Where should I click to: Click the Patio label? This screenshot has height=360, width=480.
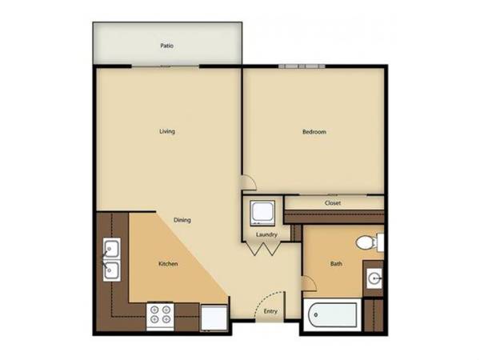click(167, 46)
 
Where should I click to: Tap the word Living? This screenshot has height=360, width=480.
click(167, 131)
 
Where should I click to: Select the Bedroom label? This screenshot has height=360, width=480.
click(314, 132)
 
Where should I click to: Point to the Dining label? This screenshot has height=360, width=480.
click(182, 220)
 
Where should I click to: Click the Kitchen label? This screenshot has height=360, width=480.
click(168, 264)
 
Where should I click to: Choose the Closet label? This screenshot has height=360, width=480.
click(333, 203)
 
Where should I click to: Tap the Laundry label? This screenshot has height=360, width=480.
click(266, 234)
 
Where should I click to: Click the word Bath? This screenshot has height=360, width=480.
click(336, 263)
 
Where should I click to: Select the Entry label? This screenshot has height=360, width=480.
click(270, 311)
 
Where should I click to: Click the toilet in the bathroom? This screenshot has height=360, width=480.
click(370, 242)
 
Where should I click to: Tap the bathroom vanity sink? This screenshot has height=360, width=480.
click(374, 278)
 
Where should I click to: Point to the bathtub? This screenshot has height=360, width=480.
click(332, 315)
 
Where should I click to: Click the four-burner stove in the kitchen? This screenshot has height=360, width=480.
click(160, 317)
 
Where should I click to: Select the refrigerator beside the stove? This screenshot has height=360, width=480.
click(214, 318)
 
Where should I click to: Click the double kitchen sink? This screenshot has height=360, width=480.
click(111, 259)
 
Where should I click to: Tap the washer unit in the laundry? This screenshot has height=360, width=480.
click(262, 213)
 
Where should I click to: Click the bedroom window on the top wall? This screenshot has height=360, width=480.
click(302, 66)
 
